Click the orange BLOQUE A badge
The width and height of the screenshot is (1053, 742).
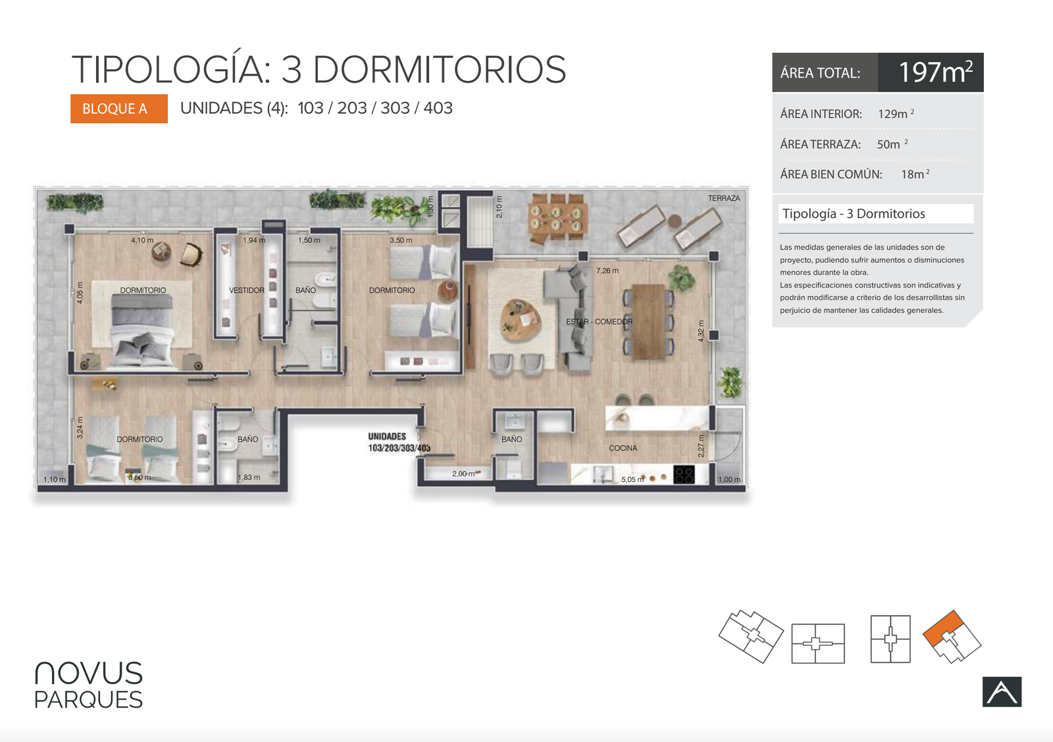[x=119, y=109]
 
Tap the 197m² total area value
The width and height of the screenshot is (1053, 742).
[x=935, y=72]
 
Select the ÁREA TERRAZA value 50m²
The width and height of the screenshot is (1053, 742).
[x=892, y=144]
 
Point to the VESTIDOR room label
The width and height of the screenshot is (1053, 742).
[x=246, y=290]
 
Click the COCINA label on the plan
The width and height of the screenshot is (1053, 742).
[x=623, y=448]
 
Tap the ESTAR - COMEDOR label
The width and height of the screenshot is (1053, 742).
[x=599, y=322]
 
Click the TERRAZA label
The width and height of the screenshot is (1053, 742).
[x=724, y=198]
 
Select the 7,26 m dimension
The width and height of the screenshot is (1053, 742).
[x=607, y=271]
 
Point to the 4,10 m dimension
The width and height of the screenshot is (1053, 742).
[x=142, y=240]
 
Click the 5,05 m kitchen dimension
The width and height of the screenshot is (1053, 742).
[x=632, y=479]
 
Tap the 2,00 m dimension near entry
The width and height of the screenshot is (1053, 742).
[x=464, y=473]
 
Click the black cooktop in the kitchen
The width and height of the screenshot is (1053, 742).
[x=684, y=475]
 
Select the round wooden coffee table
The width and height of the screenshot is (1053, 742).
[x=520, y=321]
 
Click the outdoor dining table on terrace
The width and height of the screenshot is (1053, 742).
[x=557, y=219]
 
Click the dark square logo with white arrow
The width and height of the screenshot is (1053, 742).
[x=1002, y=692]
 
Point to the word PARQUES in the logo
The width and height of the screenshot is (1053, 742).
[x=88, y=700]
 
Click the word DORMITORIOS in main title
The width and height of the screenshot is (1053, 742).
[x=439, y=69]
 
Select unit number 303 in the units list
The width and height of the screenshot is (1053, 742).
[x=395, y=108]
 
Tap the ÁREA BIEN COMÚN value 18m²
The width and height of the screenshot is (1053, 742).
[x=915, y=174]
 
